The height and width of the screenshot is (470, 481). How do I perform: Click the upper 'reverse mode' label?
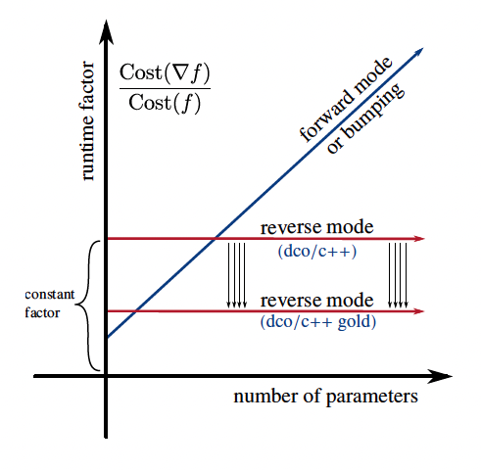tap(316, 227)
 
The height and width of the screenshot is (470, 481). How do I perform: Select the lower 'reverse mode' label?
tap(316, 299)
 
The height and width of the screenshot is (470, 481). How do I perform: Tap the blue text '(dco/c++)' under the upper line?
tap(316, 251)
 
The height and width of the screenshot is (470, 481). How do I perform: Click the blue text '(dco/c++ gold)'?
tap(316, 321)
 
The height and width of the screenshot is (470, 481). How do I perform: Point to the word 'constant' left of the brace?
tap(48, 294)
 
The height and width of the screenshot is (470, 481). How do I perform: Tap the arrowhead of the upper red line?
tap(419, 238)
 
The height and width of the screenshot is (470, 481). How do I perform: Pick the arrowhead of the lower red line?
tap(419, 310)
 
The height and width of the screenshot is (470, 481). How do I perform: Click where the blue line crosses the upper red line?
tap(216, 238)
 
